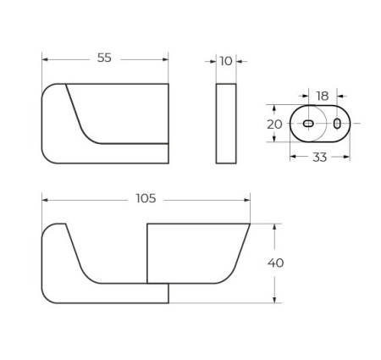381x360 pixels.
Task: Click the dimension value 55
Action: pos(104,58)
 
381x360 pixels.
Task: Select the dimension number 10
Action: pos(226,61)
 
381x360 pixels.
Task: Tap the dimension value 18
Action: pos(323,97)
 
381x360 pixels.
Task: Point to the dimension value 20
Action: pos(274,124)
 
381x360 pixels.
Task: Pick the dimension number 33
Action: pos(319,157)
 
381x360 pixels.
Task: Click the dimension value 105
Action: pos(146,198)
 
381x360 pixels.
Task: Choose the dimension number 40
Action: pos(276,263)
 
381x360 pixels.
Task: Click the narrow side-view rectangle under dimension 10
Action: pos(226,123)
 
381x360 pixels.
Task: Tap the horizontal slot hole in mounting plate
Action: pos(308,124)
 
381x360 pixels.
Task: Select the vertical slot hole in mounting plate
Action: pos(337,124)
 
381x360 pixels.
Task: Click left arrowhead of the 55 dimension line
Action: pos(46,59)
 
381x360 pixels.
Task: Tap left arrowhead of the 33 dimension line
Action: pos(293,157)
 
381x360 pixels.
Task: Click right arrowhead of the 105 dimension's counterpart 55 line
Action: pos(165,59)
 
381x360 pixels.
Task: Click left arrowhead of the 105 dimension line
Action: pos(46,199)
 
